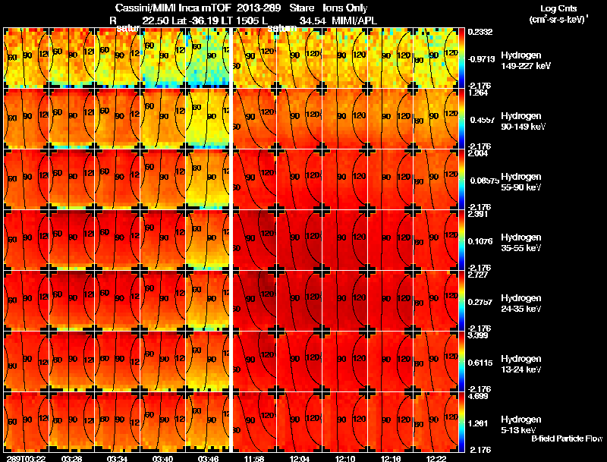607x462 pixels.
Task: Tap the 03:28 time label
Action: (x=72, y=457)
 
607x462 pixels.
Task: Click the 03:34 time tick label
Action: (x=118, y=457)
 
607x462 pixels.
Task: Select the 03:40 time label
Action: (x=163, y=457)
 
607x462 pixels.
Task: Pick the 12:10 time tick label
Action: (x=345, y=457)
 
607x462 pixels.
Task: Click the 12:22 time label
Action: (x=436, y=457)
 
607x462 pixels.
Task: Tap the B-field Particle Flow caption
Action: (x=567, y=438)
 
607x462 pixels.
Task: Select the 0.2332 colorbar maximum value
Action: (x=480, y=31)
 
